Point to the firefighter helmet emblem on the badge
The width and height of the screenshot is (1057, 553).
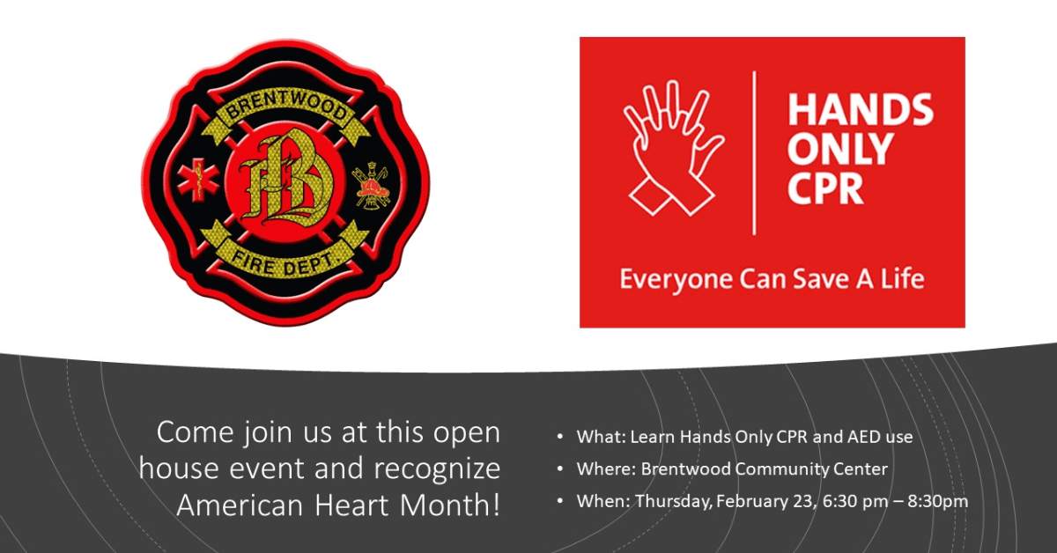(371, 186)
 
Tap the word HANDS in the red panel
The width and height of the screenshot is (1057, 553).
(860, 111)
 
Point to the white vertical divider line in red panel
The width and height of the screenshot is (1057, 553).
(754, 153)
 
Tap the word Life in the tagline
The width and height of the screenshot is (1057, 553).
(903, 280)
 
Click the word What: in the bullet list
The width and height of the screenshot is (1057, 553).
(601, 437)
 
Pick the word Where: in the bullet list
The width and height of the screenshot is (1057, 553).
(606, 469)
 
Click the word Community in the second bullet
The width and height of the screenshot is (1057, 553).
(782, 469)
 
